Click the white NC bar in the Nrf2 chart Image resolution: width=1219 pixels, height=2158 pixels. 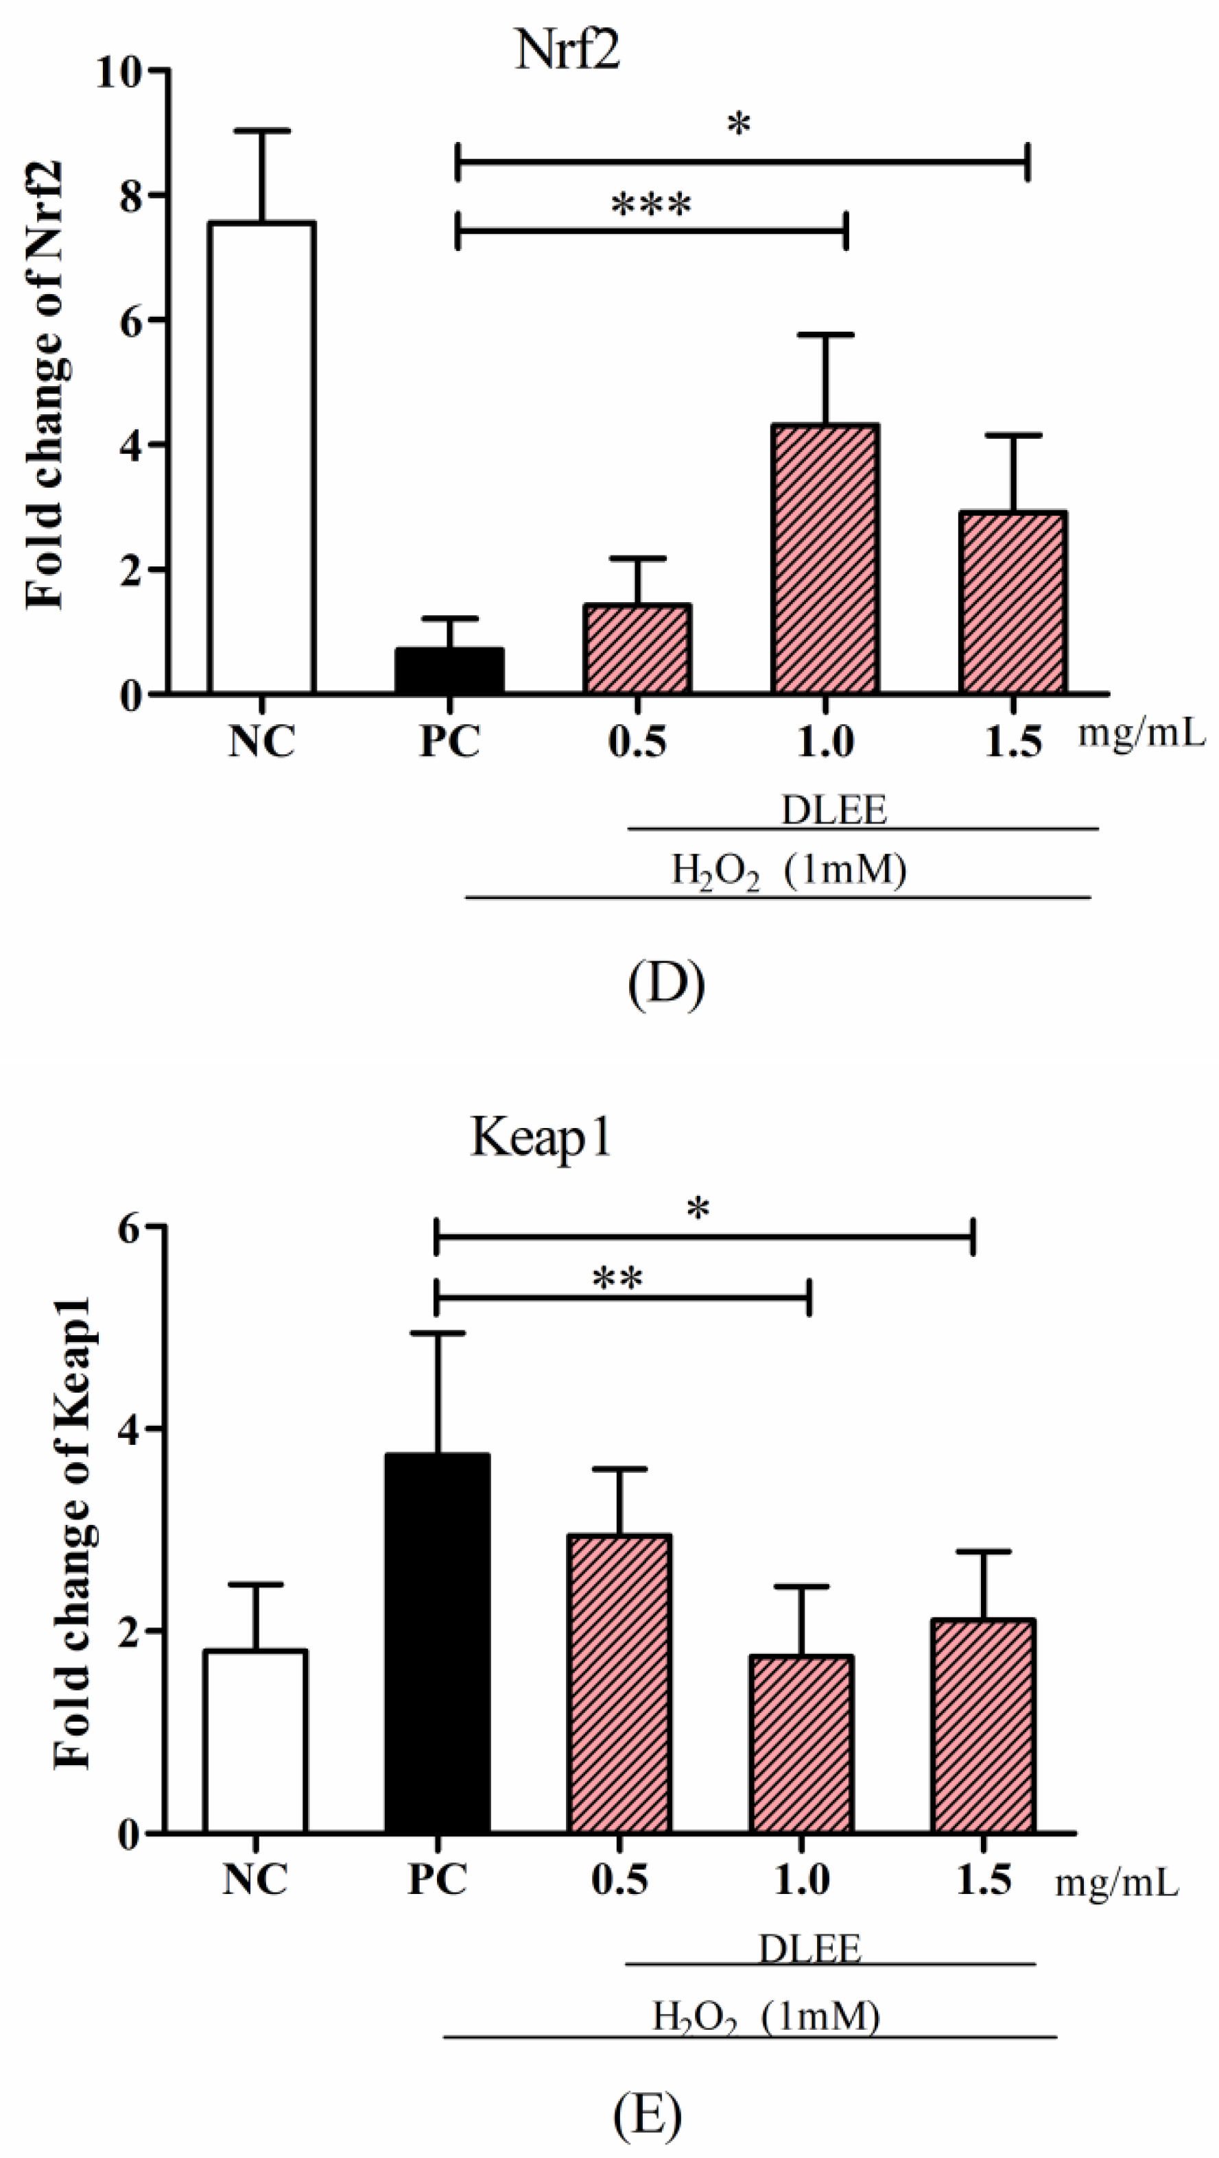(261, 458)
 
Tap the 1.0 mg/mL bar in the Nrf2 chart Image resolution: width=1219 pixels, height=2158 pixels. (825, 560)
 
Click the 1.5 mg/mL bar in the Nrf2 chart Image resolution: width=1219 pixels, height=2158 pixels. (1013, 603)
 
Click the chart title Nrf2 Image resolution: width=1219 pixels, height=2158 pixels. (567, 52)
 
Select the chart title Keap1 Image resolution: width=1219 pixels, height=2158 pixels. (541, 1138)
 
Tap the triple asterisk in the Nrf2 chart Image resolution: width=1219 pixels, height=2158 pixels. (652, 204)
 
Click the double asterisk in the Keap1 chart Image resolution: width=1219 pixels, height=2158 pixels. (617, 1279)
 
